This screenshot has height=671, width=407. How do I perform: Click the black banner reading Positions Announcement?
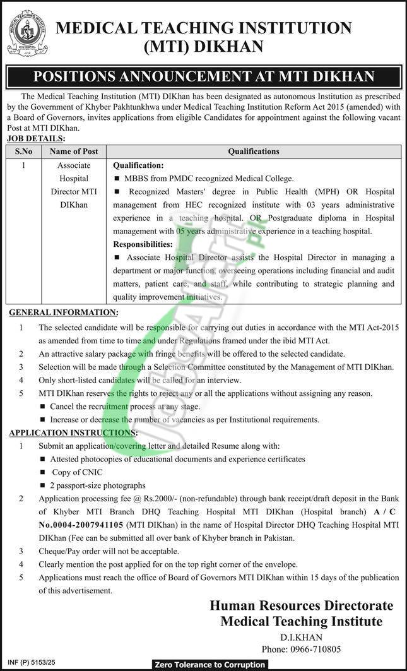pyautogui.click(x=203, y=76)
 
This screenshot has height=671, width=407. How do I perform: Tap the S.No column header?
pyautogui.click(x=23, y=151)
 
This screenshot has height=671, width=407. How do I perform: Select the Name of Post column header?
pyautogui.click(x=74, y=151)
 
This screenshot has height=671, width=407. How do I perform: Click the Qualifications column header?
pyautogui.click(x=254, y=151)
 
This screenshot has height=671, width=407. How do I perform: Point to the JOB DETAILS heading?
pyautogui.click(x=36, y=138)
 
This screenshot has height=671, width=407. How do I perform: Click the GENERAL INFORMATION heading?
pyautogui.click(x=62, y=312)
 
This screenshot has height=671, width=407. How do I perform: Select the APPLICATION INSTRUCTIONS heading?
pyautogui.click(x=72, y=432)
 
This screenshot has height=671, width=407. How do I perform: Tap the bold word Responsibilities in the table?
pyautogui.click(x=143, y=244)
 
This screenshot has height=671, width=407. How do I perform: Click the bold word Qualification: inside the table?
pyautogui.click(x=138, y=165)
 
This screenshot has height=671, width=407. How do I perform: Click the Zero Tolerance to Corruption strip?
pyautogui.click(x=209, y=665)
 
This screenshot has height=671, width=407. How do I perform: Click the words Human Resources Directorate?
pyautogui.click(x=301, y=605)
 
